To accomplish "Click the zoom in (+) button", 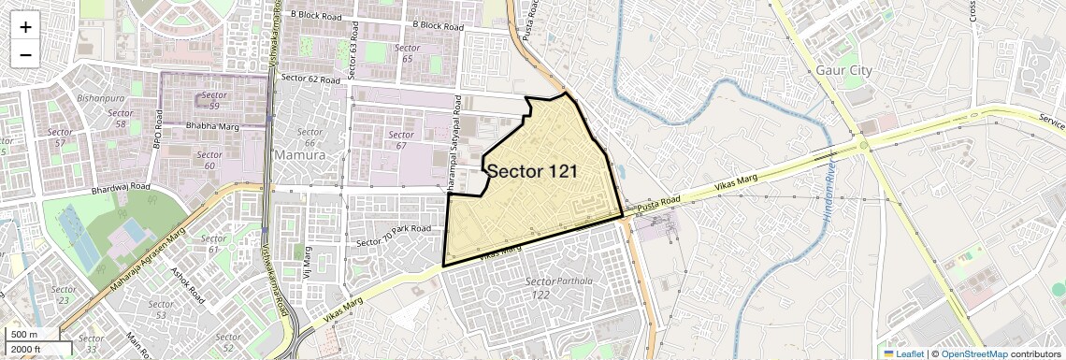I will point(25,27).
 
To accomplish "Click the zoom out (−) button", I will point(25,54).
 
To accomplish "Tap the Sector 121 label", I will point(531,171).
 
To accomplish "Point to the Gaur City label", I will point(843,70).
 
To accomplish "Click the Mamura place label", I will point(299,154).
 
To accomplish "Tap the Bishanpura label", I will point(102,96).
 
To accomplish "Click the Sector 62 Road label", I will point(310,79).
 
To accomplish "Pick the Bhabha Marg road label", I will point(213,124).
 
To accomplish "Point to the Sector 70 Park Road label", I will point(394,236).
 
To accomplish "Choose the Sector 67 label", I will point(401,139).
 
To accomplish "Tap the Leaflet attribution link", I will point(903,353).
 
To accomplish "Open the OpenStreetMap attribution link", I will point(973,353).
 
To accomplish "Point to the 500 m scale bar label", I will point(24,335).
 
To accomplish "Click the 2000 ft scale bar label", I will point(29,350).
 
